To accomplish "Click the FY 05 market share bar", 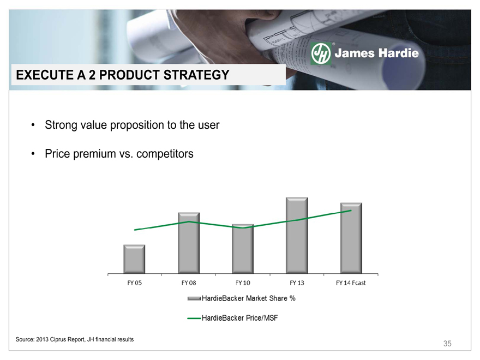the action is tap(134, 259).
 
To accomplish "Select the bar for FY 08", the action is tap(189, 243).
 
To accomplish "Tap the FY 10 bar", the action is tap(243, 249).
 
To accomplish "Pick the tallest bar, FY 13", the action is tap(297, 236).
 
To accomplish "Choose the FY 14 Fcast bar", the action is tap(351, 238).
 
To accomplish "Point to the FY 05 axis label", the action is tap(135, 283).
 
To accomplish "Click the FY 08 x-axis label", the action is tap(189, 283).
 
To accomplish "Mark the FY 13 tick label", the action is tap(297, 283).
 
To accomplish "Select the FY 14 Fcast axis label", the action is tap(351, 283).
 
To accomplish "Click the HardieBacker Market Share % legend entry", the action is tap(242, 298).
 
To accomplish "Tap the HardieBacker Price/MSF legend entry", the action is tap(233, 318).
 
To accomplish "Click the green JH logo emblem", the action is tap(321, 53).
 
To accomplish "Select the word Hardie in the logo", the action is tap(398, 53).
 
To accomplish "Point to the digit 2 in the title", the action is tap(92, 75).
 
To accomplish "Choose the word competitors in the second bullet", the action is tap(165, 154).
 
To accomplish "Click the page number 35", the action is tap(447, 344).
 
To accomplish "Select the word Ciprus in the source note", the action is tap(58, 339).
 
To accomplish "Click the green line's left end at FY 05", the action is tap(135, 230).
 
